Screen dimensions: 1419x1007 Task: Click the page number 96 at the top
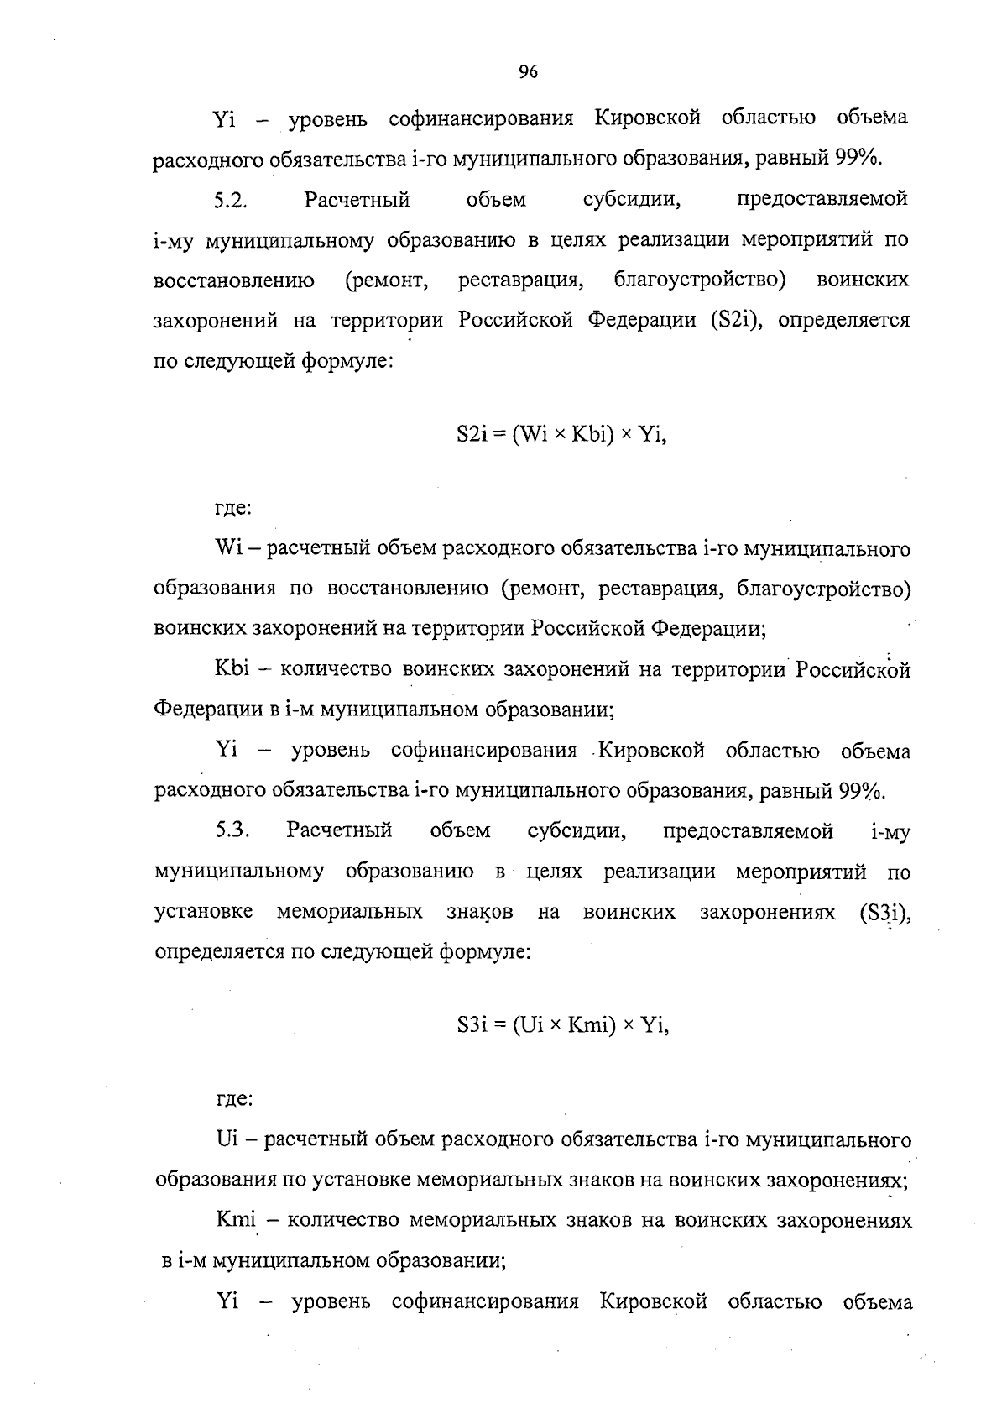tap(528, 72)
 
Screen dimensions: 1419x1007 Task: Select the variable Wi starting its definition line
tap(228, 549)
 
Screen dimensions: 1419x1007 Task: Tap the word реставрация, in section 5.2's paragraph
tap(521, 280)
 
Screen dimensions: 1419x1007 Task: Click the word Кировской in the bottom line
tap(653, 1302)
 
